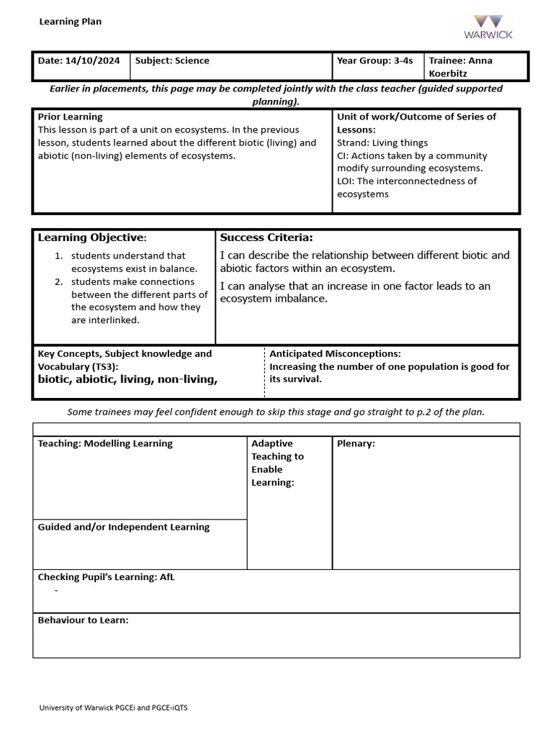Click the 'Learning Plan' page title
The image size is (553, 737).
70,22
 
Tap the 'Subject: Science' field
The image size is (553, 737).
172,60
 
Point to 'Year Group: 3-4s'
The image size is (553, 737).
374,60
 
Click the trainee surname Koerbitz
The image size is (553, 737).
449,73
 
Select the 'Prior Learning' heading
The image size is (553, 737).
70,117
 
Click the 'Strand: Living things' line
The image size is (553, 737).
382,143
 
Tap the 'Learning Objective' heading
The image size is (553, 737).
92,238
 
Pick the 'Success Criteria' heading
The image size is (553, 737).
266,238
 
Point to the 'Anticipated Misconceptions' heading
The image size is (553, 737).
335,353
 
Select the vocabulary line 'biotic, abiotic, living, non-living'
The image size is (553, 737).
127,379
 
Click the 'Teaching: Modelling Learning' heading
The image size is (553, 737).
105,443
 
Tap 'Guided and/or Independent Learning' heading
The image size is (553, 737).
123,527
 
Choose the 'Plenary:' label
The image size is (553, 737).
356,443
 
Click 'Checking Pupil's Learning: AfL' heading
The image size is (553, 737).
106,577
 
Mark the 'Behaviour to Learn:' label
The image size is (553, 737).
83,620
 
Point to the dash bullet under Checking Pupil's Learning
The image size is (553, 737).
56,590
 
